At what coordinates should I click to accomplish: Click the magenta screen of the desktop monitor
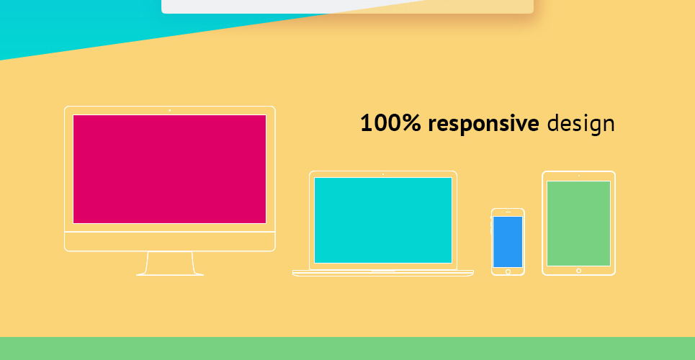pos(169,169)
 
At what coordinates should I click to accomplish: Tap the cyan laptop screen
pos(383,220)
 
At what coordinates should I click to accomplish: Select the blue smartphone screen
pos(508,242)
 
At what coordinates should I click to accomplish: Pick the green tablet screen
pos(578,223)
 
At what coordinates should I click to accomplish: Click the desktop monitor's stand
pos(170,264)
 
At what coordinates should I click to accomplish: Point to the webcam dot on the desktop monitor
pos(170,110)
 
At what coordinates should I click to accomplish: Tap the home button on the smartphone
pos(508,271)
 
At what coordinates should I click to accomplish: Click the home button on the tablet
pos(578,271)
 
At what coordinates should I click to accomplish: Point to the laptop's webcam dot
pos(383,174)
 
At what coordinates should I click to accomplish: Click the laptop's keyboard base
pos(383,273)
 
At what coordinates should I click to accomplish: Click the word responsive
pos(483,125)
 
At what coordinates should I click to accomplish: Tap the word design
pos(581,125)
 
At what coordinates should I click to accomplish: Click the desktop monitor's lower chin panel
pos(170,242)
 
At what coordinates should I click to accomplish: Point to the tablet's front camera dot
pos(578,176)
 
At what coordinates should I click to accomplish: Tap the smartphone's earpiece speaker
pos(508,212)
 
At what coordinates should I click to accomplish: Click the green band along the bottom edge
pos(347,348)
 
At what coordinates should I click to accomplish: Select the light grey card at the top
pos(347,6)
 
